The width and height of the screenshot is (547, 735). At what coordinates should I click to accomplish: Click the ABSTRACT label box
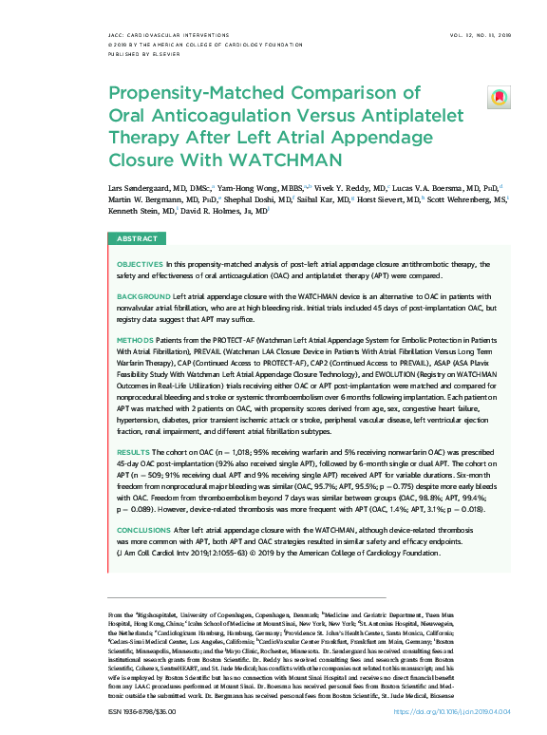coord(137,239)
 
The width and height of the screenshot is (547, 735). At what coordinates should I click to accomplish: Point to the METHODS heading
coord(134,339)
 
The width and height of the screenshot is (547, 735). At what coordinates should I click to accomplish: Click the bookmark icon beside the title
coord(497,97)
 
